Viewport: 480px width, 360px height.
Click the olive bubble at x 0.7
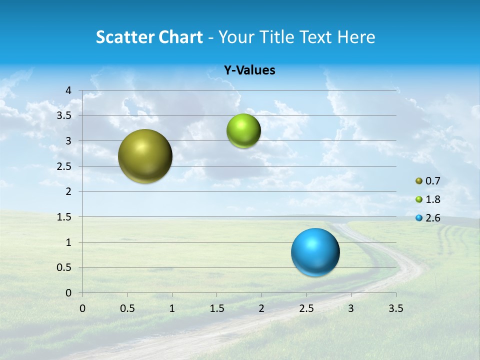click(x=145, y=156)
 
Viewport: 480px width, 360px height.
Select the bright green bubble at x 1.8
click(x=243, y=131)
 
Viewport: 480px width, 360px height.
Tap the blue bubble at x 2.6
click(x=315, y=252)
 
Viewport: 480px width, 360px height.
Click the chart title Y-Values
click(x=249, y=70)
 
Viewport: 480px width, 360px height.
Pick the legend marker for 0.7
click(x=419, y=181)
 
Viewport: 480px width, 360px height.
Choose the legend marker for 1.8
click(x=419, y=199)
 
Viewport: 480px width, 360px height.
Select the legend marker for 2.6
click(x=419, y=218)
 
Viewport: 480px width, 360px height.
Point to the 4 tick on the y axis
click(x=69, y=90)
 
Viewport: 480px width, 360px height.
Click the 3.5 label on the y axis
click(x=64, y=116)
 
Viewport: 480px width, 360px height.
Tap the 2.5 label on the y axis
click(x=64, y=166)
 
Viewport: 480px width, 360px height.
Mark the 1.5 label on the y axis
click(x=64, y=217)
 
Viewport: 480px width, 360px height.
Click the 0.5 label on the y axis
click(x=64, y=268)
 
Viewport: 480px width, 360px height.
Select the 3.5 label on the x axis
click(x=395, y=308)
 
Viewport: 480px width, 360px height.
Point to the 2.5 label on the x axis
click(x=306, y=308)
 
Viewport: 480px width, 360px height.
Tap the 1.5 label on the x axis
click(x=216, y=308)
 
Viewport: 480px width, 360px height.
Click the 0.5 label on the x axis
click(x=127, y=308)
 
